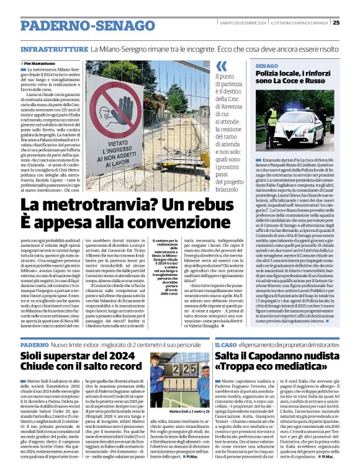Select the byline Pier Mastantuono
point(41,64)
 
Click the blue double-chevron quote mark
point(222,66)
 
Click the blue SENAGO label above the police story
point(266,64)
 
